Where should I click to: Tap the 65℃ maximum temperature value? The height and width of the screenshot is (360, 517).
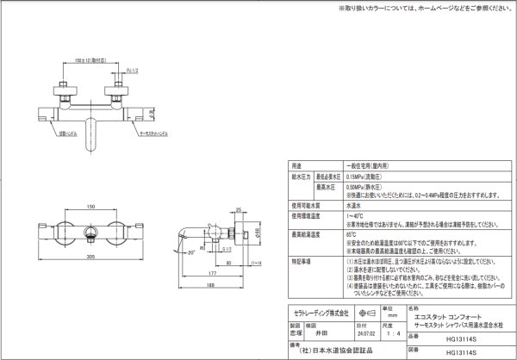click(351, 233)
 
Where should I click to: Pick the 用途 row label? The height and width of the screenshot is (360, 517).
click(297, 164)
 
